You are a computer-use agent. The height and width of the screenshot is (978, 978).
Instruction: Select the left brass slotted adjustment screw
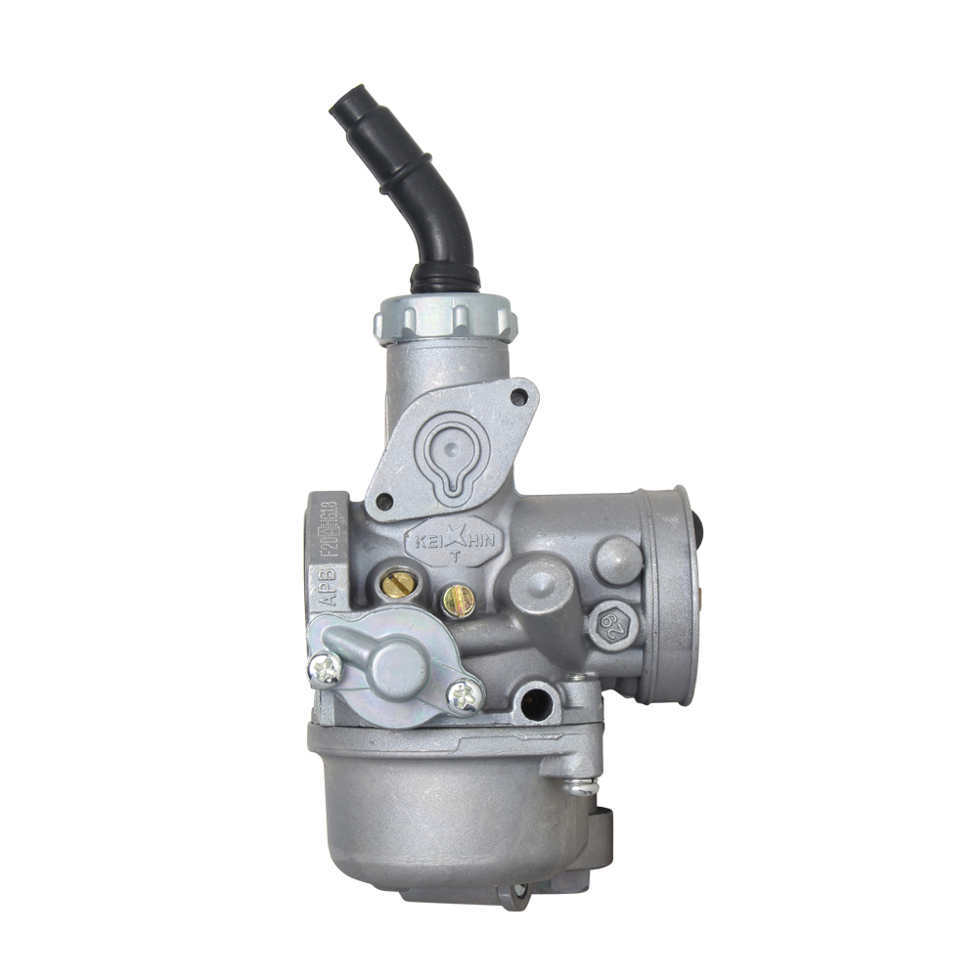[398, 585]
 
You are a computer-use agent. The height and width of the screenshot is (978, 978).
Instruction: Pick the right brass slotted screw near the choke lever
[458, 600]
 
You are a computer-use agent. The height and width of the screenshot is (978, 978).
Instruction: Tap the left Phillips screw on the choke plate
[326, 668]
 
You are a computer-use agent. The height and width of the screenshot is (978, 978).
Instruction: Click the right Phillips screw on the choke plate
[465, 695]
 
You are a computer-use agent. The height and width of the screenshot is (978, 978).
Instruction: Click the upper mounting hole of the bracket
[519, 397]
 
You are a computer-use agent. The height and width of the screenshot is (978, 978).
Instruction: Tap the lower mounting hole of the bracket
[384, 501]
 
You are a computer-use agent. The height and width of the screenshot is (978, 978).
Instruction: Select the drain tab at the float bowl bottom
[513, 892]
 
